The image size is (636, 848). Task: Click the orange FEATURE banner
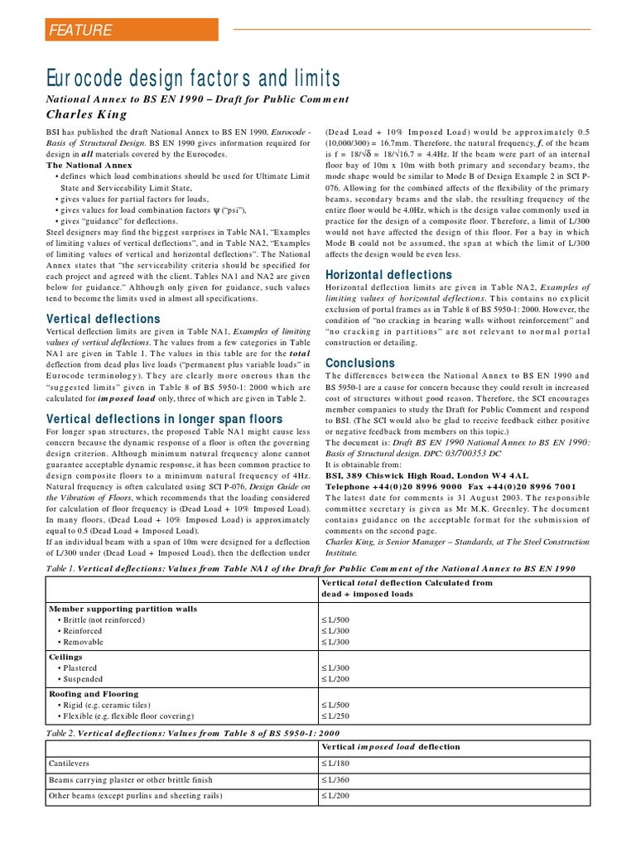coord(131,31)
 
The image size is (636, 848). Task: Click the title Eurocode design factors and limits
coord(192,79)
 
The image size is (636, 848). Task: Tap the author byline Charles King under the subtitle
coord(86,114)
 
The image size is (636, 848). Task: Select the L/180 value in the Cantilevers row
coord(336,763)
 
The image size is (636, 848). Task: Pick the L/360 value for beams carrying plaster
coord(336,779)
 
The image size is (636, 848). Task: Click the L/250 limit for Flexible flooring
coord(336,715)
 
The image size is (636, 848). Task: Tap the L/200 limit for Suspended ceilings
coord(336,679)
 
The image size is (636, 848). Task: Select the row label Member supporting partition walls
coord(123,608)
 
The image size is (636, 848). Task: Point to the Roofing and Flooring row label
coord(94,693)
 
